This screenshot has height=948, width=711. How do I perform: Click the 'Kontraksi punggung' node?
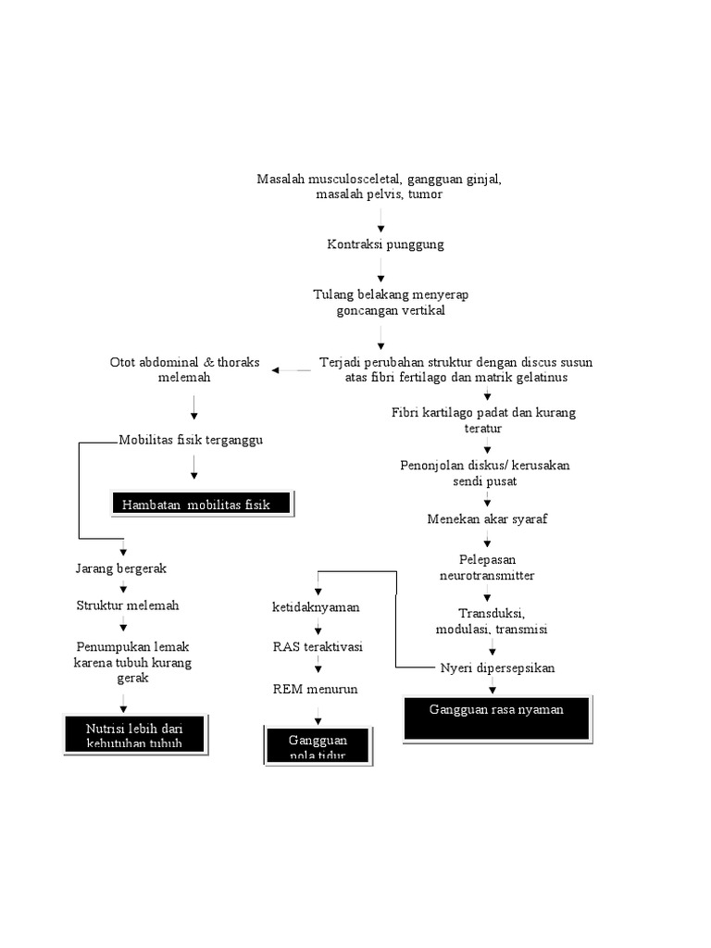pos(385,244)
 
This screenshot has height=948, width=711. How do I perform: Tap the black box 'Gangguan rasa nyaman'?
pos(497,718)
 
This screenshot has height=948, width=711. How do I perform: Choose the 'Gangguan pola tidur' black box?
pos(317,744)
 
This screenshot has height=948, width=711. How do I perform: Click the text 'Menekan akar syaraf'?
pos(487,518)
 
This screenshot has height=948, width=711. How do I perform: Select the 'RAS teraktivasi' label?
pos(318,646)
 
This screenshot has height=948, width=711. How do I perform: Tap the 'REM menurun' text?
pos(315,690)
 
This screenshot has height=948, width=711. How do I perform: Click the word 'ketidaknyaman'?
pos(316,607)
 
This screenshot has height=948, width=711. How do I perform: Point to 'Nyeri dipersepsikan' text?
pos(497,667)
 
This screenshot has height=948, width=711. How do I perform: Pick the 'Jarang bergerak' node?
pos(120,568)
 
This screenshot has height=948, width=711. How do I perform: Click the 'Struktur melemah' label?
pos(127,605)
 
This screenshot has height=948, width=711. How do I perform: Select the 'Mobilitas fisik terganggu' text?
pos(191,440)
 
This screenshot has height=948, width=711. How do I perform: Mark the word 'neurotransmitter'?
pos(487,575)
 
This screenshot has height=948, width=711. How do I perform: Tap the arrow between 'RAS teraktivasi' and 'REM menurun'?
pos(318,667)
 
